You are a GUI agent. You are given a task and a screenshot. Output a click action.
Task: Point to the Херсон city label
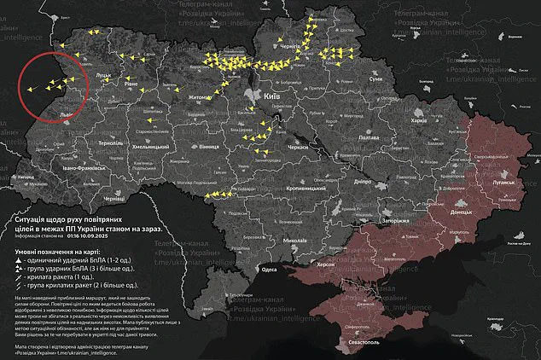point(326,265)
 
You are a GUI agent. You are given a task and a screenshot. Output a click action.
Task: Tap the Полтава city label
point(368,136)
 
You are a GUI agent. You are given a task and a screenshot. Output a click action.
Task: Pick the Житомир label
point(201,98)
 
